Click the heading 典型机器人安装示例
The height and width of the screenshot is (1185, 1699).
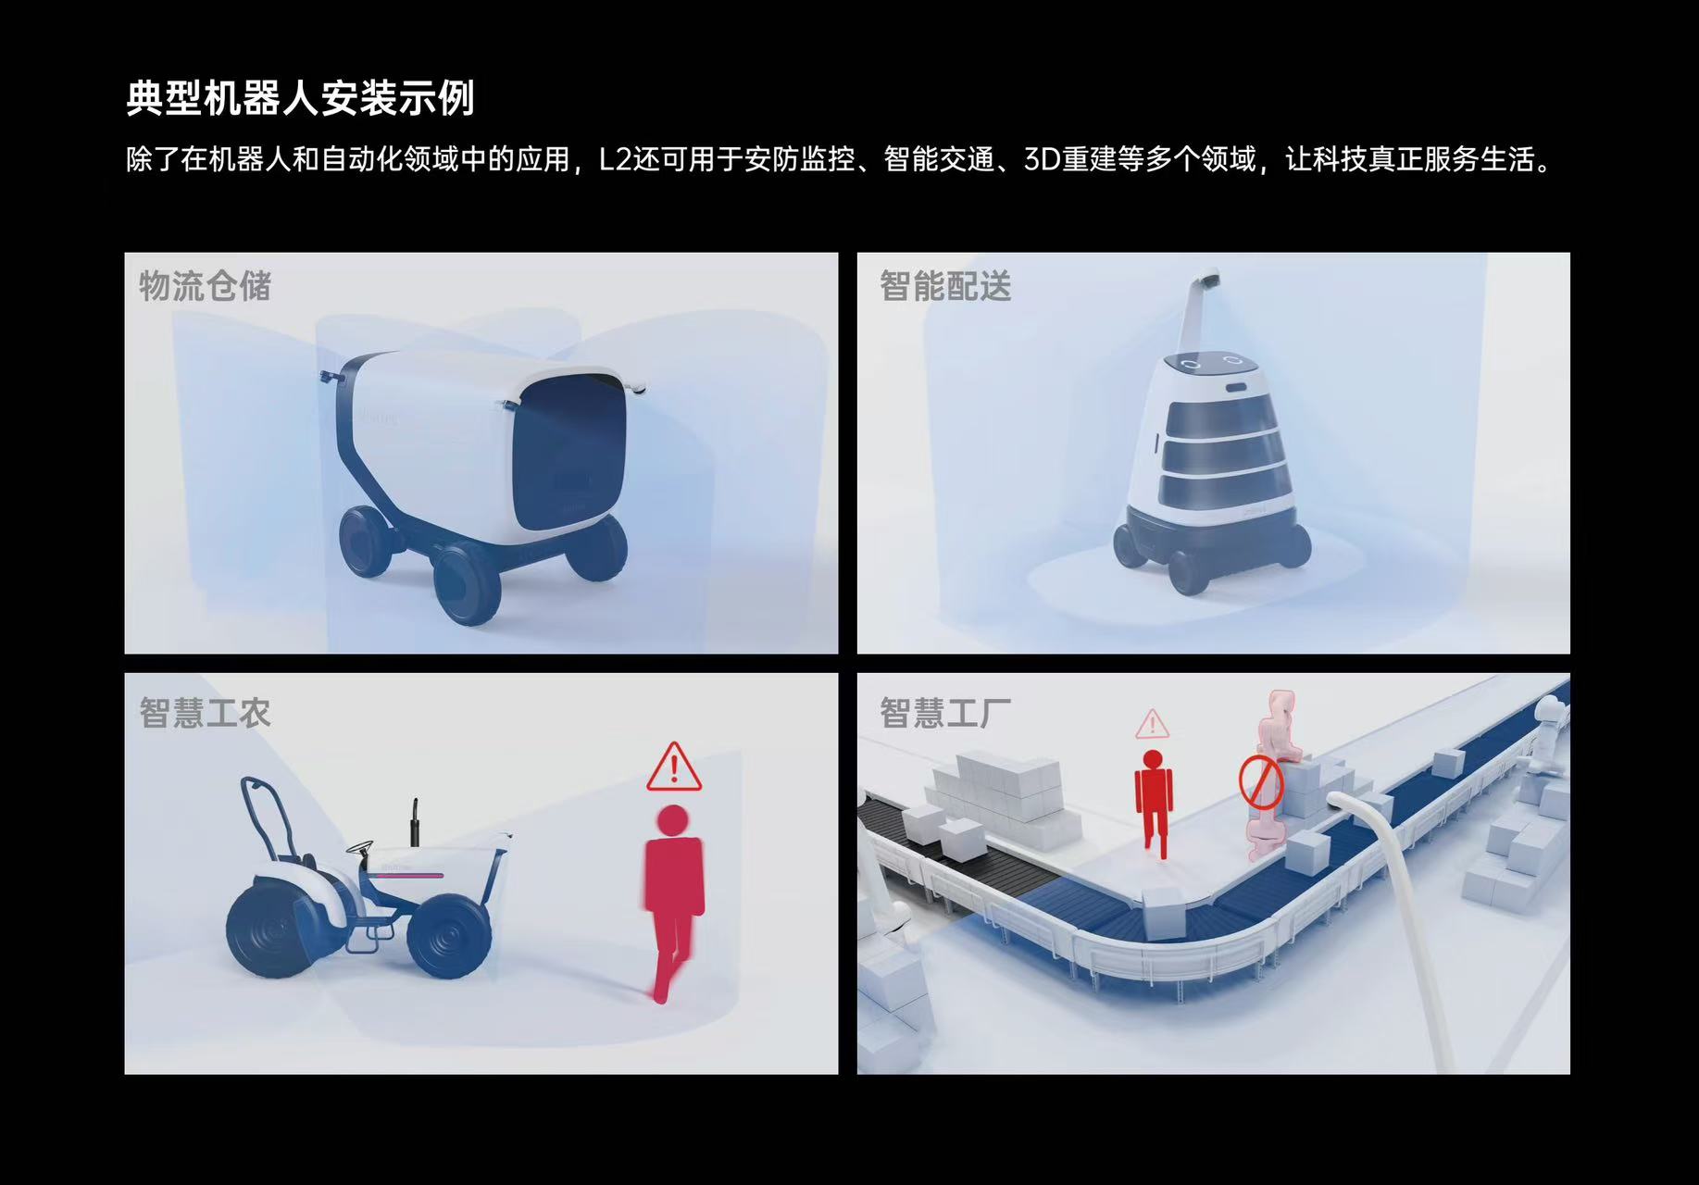300,99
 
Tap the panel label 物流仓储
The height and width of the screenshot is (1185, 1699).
206,286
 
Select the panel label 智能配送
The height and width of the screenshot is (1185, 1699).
945,286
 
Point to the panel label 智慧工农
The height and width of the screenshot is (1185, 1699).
206,713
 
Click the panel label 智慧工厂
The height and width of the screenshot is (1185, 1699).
945,713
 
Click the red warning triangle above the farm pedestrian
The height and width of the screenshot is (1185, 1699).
674,767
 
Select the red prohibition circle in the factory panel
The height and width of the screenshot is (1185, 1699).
1259,780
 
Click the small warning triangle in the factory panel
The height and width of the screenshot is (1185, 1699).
1152,724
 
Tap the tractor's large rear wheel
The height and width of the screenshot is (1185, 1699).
275,930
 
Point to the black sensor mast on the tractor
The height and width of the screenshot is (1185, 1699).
415,823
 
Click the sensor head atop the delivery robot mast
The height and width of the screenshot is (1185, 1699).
1207,277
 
